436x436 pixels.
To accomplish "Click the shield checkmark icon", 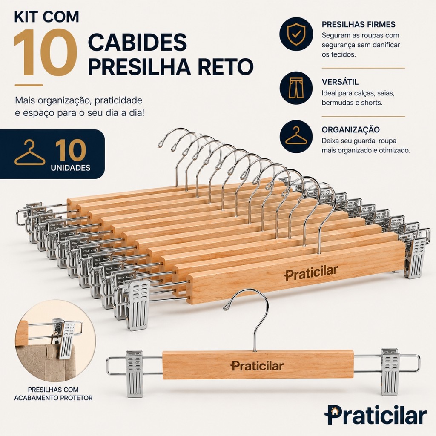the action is [x=296, y=34].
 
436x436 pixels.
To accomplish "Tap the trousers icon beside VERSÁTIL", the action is [x=296, y=88].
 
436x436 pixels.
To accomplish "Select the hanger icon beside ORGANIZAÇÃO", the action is [x=296, y=136].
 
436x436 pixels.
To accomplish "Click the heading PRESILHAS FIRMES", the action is [x=359, y=24].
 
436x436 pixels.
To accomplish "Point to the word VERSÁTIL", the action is [x=340, y=82].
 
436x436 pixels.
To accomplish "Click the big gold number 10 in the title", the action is [x=45, y=52].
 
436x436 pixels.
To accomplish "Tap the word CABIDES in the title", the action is [x=137, y=42].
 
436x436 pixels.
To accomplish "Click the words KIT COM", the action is [x=46, y=17].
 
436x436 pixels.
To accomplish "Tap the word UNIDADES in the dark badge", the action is [x=71, y=168].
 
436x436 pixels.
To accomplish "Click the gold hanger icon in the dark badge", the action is [x=30, y=153].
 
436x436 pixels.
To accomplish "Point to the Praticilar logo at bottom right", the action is [x=376, y=416].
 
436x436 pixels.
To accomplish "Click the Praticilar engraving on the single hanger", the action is [x=257, y=366].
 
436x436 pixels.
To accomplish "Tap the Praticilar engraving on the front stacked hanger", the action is [x=311, y=272].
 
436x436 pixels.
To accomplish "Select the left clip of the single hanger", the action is [x=135, y=373].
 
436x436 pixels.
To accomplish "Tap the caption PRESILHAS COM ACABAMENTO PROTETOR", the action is [x=53, y=393].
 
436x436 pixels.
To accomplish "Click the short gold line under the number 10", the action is [x=29, y=85].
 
